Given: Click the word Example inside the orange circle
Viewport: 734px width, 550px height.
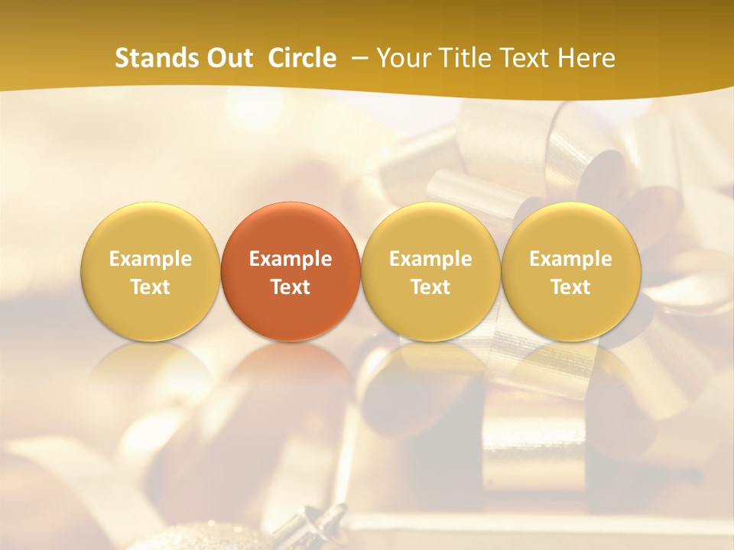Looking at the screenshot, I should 291,259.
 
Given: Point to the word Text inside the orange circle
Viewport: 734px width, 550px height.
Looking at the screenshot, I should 291,287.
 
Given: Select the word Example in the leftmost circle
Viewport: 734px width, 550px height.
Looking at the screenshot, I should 151,259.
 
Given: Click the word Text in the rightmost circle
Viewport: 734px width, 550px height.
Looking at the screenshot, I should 570,287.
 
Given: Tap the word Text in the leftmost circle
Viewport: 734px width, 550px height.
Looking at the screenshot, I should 151,287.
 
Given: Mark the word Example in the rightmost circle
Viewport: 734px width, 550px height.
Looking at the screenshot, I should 570,259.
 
